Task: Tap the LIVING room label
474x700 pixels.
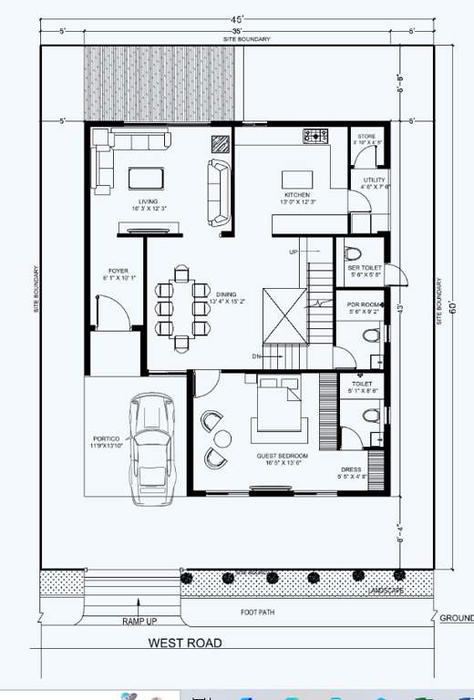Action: click(148, 201)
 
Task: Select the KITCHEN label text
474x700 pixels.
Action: click(296, 195)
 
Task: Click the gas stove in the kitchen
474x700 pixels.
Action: click(316, 138)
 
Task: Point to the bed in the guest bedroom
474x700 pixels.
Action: click(273, 407)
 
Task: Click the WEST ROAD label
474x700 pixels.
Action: click(185, 643)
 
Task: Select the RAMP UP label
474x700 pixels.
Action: click(139, 621)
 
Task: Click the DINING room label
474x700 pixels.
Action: click(225, 294)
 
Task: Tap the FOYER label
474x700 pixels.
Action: click(118, 271)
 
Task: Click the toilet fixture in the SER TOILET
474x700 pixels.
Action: click(358, 252)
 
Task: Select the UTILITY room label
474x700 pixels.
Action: click(374, 180)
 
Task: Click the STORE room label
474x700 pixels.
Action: click(366, 138)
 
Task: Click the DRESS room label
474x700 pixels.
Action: click(351, 470)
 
